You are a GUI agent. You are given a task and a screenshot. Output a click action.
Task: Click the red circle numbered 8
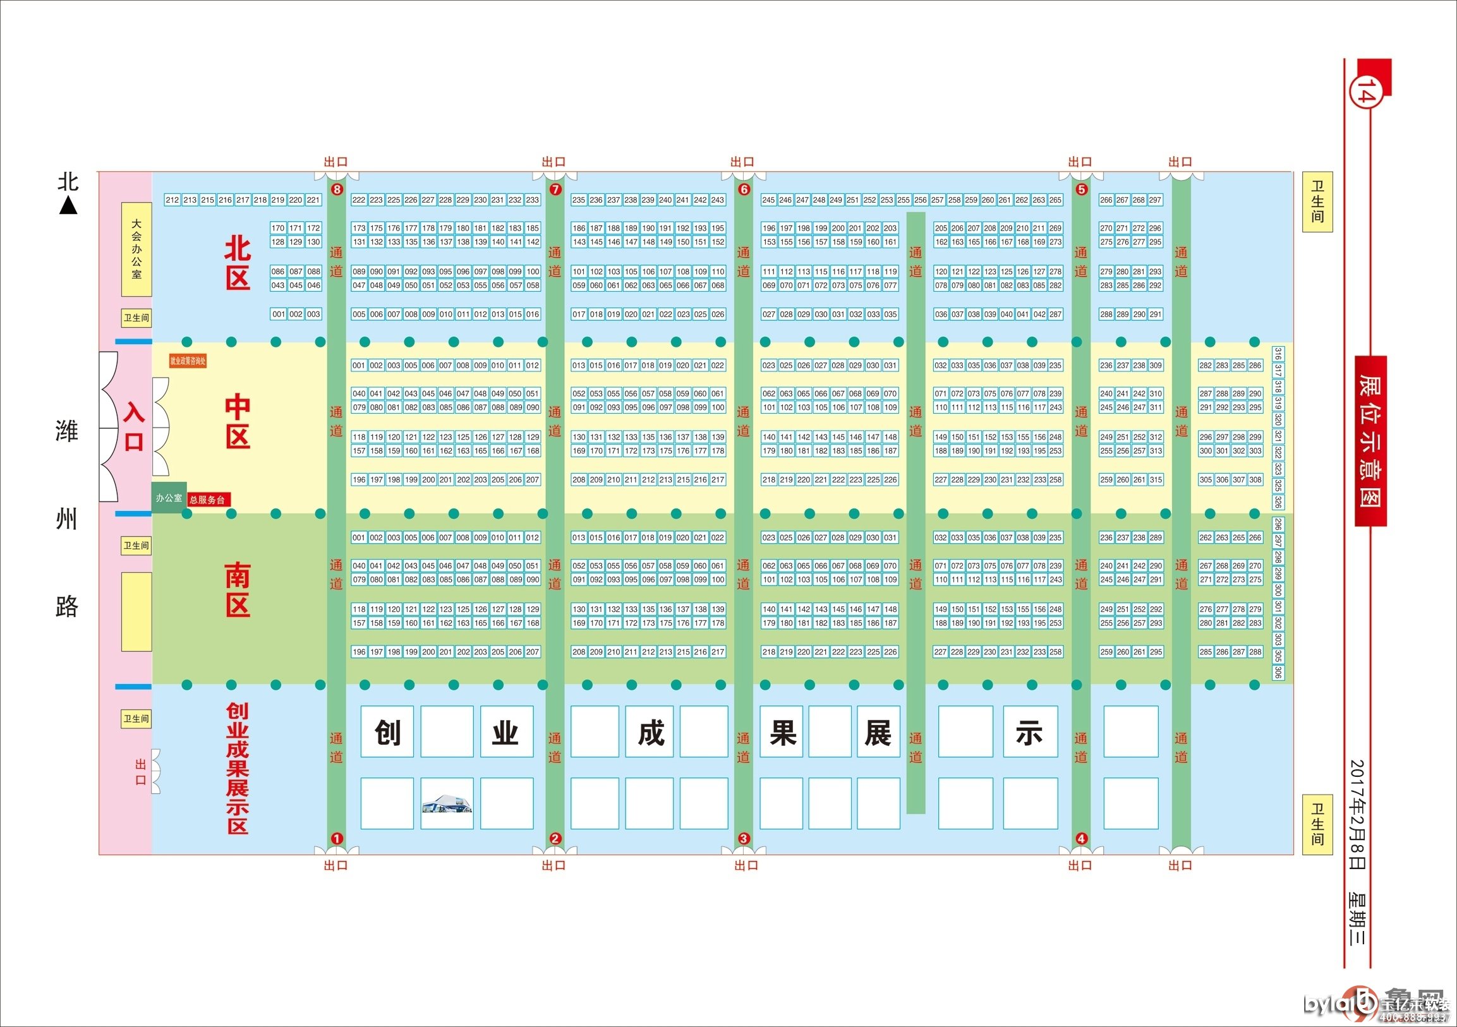pos(337,189)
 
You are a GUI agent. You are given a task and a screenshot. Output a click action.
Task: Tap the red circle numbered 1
pos(337,838)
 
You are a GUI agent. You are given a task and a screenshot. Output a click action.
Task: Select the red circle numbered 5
pos(1081,189)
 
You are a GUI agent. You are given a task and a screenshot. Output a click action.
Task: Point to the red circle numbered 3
pos(744,838)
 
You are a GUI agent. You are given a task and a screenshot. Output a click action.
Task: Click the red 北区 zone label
pos(238,264)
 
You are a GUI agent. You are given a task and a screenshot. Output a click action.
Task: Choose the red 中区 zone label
pos(238,421)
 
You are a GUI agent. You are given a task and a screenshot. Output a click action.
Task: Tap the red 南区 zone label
pos(238,590)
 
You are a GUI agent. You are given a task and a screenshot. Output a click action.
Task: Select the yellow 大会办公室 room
pos(136,249)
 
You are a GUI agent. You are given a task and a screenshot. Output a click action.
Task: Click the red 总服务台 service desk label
pos(207,500)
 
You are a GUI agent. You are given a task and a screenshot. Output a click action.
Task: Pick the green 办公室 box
pos(169,498)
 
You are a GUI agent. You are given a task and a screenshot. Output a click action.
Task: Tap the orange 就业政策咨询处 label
pos(188,361)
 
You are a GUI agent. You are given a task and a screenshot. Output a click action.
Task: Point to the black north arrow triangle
pos(68,206)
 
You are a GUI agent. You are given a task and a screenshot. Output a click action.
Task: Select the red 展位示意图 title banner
pos(1370,440)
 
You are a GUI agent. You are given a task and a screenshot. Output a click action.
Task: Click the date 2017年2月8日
pos(1357,815)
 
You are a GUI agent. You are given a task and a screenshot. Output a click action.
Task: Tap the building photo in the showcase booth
pos(447,803)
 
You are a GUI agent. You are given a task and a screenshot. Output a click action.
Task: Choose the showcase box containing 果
pos(782,731)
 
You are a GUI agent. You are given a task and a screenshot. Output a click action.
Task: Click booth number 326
pos(1278,501)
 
